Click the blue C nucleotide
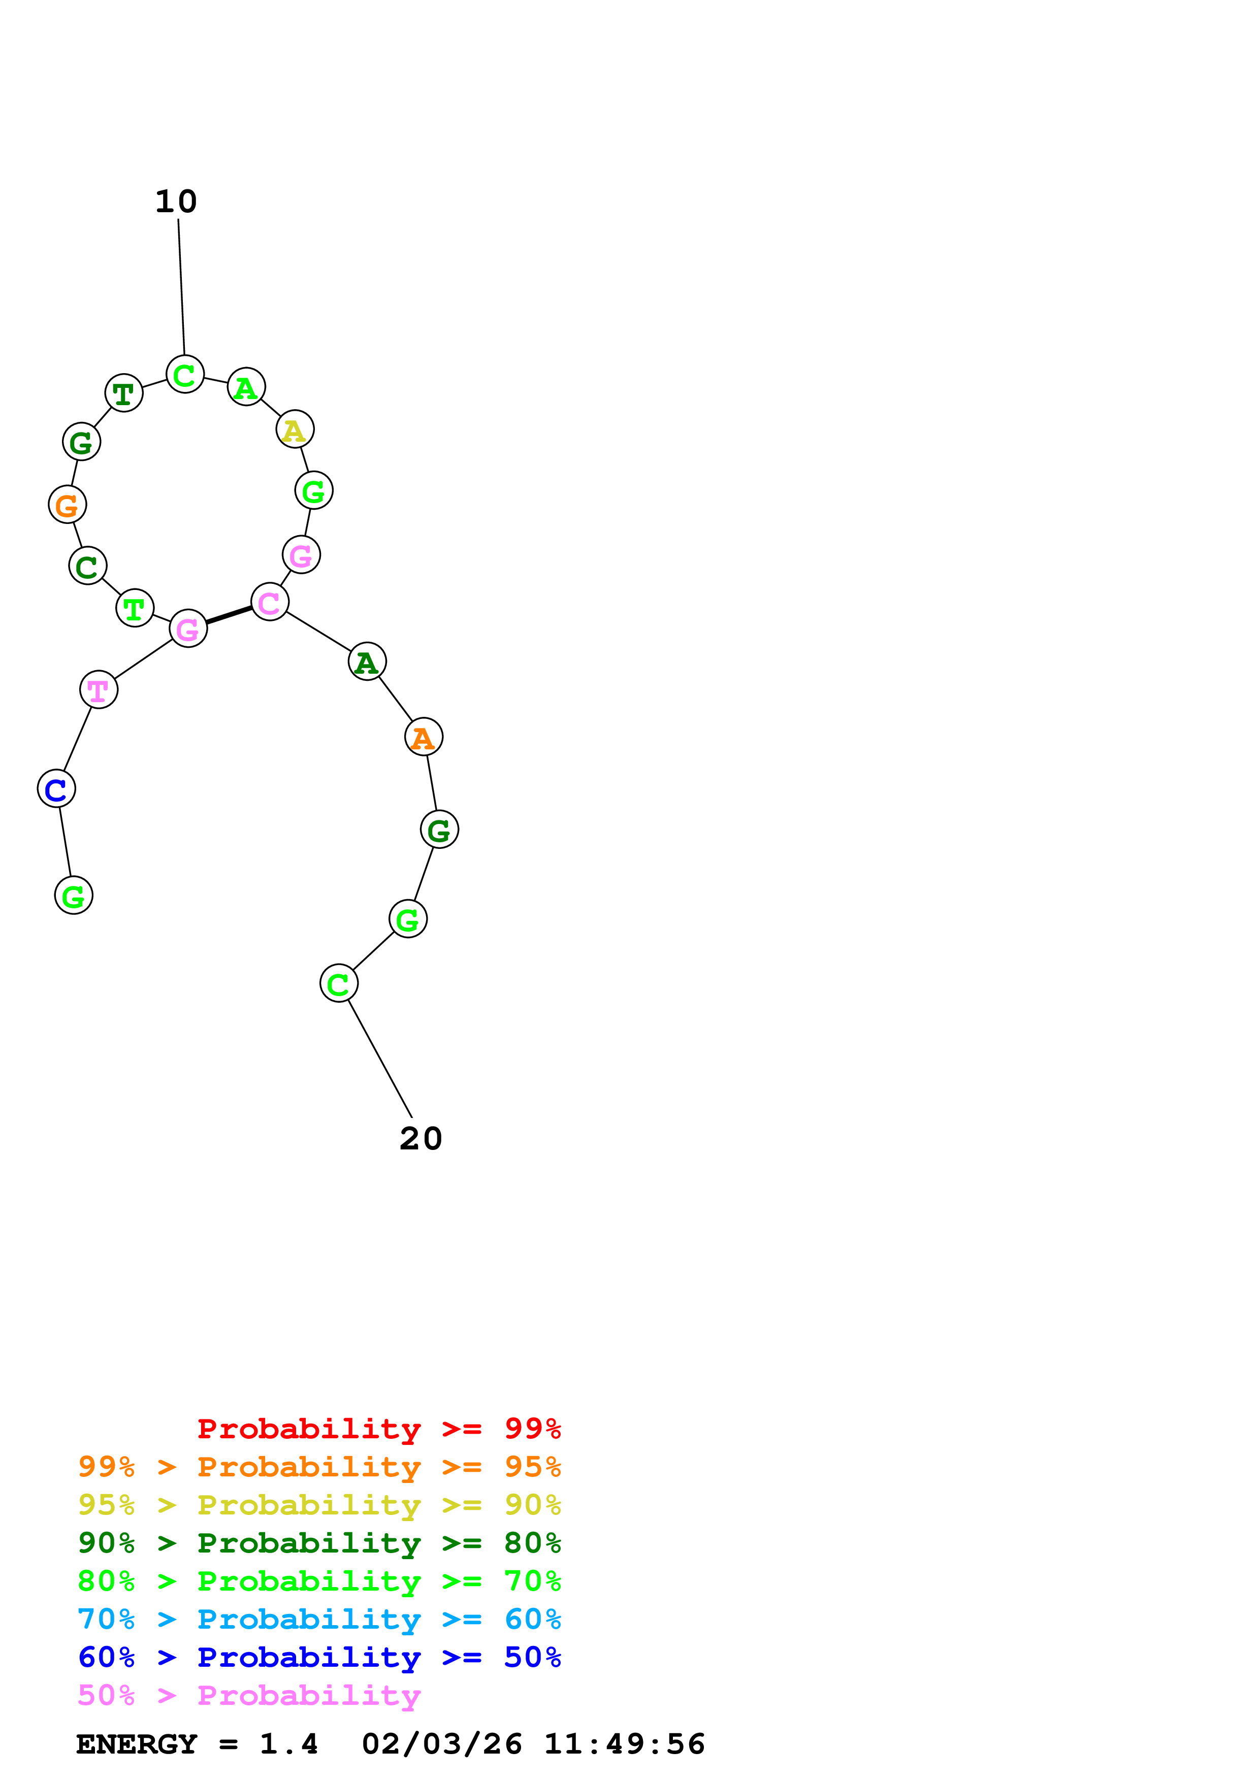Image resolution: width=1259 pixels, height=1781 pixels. click(57, 789)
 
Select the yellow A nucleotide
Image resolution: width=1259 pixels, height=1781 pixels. click(295, 430)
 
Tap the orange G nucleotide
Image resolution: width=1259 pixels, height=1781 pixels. click(68, 505)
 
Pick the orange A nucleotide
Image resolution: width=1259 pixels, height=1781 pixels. click(424, 737)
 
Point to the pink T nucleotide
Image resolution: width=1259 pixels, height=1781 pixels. click(99, 689)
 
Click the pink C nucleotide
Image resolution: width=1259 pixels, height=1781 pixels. click(270, 602)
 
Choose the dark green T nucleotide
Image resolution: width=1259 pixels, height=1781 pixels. click(124, 393)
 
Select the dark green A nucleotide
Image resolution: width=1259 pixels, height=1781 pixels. click(367, 662)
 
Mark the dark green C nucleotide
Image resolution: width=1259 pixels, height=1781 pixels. click(88, 566)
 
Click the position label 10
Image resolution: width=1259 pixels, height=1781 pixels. click(176, 202)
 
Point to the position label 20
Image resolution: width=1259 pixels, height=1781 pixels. click(421, 1139)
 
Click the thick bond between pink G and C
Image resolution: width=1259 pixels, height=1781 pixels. click(229, 615)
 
